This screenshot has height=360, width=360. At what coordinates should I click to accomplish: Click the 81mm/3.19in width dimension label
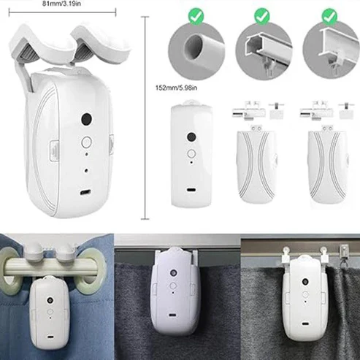click(x=61, y=4)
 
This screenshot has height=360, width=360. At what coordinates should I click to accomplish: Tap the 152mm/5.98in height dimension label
click(x=176, y=88)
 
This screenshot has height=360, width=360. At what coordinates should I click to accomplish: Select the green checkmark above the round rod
click(x=196, y=16)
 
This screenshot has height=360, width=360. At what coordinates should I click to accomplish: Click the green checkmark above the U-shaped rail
click(x=261, y=16)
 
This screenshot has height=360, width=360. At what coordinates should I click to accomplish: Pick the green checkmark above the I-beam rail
click(x=329, y=16)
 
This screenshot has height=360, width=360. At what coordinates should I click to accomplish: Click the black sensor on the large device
click(x=86, y=119)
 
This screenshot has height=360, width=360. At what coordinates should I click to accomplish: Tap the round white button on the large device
click(x=86, y=142)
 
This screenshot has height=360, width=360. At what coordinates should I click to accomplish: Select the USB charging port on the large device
click(x=85, y=192)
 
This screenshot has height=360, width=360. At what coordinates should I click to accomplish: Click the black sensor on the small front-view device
click(x=191, y=137)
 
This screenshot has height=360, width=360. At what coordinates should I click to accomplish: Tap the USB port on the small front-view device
click(x=191, y=190)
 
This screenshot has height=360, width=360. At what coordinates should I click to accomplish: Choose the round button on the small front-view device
click(x=191, y=153)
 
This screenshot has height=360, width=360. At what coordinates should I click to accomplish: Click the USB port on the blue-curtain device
click(x=50, y=337)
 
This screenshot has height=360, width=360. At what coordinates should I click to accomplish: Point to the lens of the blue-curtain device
click(x=50, y=300)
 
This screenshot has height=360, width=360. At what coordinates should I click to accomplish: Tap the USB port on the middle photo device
click(x=172, y=315)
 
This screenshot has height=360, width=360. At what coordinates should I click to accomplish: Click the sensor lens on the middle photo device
click(x=173, y=272)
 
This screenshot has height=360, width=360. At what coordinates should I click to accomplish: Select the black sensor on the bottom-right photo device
click(x=305, y=282)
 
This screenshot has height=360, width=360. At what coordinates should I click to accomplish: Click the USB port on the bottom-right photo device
click(x=305, y=324)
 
